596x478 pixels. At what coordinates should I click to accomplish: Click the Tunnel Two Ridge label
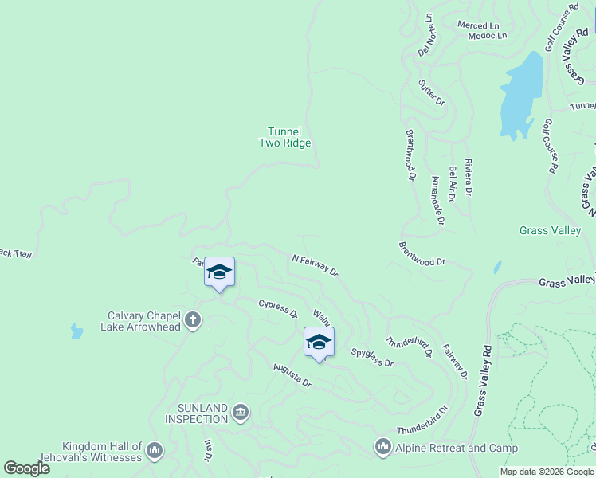pos(284,137)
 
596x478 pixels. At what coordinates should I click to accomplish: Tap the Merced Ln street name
pos(477,25)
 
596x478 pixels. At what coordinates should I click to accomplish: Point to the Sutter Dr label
pos(432,92)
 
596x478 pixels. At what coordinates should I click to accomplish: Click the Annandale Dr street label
pos(437,200)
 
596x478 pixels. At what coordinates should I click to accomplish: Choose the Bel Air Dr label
pos(453,183)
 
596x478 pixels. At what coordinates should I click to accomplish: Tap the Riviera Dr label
pos(469,177)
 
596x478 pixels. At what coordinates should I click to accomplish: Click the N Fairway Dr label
pos(316,265)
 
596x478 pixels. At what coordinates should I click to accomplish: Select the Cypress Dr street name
pos(277,308)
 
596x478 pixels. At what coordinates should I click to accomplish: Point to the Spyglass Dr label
pos(372,357)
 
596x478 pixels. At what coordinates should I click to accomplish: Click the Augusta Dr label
pos(292,374)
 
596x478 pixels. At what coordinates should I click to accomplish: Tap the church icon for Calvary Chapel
pos(192,321)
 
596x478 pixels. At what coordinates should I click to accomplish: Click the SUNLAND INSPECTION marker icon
pos(241,413)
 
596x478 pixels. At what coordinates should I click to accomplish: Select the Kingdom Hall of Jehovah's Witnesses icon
pos(155,452)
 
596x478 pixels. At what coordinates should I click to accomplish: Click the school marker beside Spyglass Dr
pos(319,342)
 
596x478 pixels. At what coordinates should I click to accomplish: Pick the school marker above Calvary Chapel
pos(219,272)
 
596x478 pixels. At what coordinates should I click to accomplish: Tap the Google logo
pos(26,468)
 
